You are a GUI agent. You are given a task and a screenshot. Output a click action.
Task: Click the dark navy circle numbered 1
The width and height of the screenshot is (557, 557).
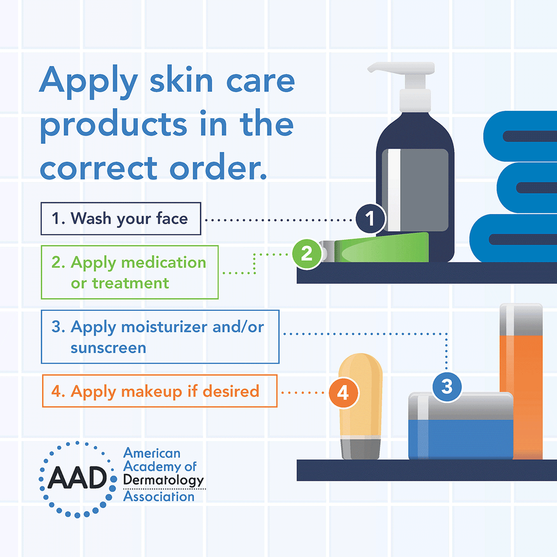tap(370, 219)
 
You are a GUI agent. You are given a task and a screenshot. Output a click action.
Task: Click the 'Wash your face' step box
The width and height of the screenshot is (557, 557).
tap(121, 219)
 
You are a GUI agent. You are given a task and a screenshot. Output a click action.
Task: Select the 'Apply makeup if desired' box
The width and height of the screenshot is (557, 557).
tap(159, 391)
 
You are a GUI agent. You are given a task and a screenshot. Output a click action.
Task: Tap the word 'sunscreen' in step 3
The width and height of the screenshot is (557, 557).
tap(108, 348)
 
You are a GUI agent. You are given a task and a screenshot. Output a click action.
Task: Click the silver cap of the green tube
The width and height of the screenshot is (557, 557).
tap(328, 252)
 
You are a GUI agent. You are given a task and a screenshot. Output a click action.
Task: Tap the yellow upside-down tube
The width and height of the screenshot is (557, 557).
tap(360, 397)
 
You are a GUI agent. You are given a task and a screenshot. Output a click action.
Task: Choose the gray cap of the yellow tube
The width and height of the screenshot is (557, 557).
tap(361, 448)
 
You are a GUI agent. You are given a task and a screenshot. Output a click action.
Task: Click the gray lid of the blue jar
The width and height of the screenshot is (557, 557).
tap(461, 405)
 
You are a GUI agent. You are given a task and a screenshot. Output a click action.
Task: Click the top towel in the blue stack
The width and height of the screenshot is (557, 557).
tap(521, 136)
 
